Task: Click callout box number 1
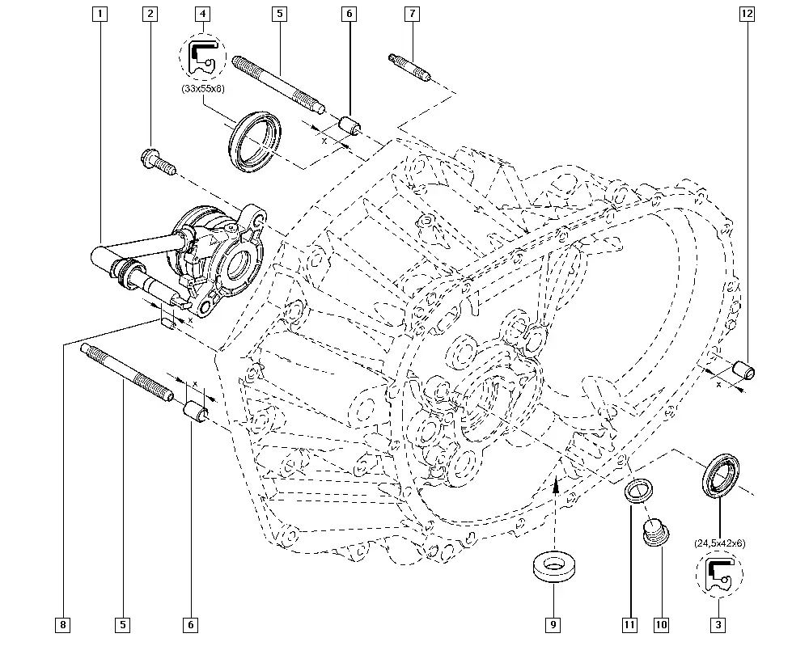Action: point(100,14)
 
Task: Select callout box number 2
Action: point(150,14)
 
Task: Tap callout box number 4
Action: point(203,14)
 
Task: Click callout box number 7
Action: point(413,14)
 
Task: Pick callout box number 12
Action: point(747,14)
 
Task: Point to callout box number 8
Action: point(62,625)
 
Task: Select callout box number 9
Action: point(553,625)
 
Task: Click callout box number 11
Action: point(630,625)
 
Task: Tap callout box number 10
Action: point(661,625)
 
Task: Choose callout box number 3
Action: point(718,625)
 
